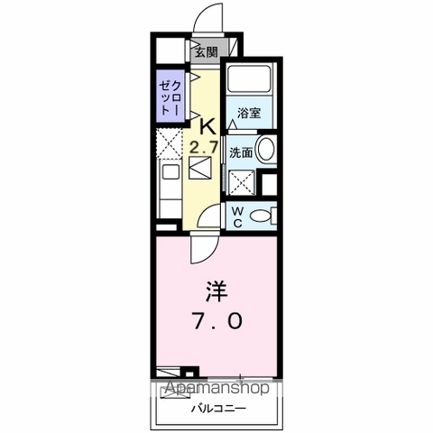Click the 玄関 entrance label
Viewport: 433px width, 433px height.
[x=206, y=52]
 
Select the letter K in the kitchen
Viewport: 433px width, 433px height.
[x=207, y=127]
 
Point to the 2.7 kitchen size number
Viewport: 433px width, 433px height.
[x=203, y=148]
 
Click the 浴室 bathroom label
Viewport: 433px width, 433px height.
[x=249, y=113]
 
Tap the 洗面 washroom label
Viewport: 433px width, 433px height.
[x=241, y=152]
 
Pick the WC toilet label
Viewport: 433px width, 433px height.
[x=237, y=217]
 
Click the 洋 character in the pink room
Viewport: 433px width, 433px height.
[x=216, y=291]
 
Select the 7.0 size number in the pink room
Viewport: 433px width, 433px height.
[x=217, y=321]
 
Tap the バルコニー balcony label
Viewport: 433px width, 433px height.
[x=219, y=409]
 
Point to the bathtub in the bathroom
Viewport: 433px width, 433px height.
[x=249, y=78]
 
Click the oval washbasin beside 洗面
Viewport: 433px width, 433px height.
[x=266, y=149]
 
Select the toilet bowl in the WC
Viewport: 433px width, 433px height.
[x=260, y=216]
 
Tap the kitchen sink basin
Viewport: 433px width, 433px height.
[x=170, y=171]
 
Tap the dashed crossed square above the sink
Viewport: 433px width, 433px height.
[x=170, y=143]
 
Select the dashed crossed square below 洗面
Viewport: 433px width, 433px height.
[x=242, y=182]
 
